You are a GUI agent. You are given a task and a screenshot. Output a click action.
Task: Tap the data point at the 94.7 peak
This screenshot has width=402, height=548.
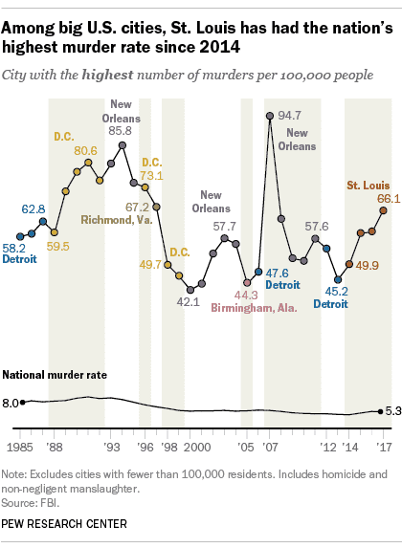(x=271, y=116)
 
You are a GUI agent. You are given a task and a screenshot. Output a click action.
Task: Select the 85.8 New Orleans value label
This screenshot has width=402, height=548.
(x=121, y=130)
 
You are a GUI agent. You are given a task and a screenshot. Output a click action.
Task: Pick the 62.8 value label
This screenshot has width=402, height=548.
(x=34, y=208)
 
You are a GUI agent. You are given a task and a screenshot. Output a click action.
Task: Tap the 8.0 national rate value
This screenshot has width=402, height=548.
(x=11, y=403)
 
